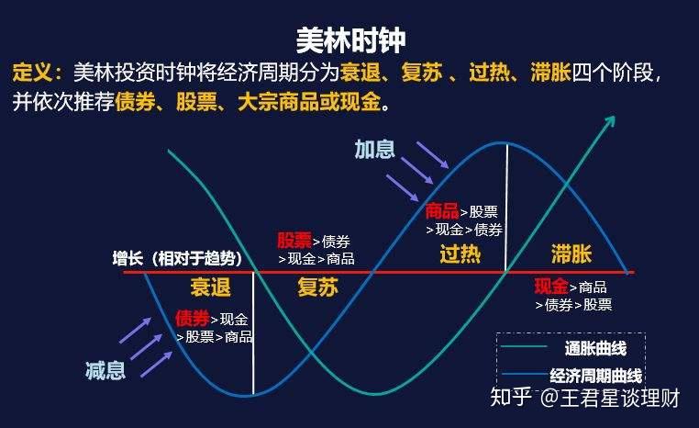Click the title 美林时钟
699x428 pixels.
[350, 39]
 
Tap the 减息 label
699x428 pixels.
[105, 370]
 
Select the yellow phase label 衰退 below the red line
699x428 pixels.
[210, 287]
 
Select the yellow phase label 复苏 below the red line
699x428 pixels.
[317, 287]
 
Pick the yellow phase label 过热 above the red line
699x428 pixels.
[460, 253]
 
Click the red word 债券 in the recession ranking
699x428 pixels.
[192, 319]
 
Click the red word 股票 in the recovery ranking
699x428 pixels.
[294, 241]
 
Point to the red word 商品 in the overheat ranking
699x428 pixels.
[442, 211]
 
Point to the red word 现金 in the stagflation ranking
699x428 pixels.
[551, 286]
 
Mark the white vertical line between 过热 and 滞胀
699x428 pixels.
[506, 207]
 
